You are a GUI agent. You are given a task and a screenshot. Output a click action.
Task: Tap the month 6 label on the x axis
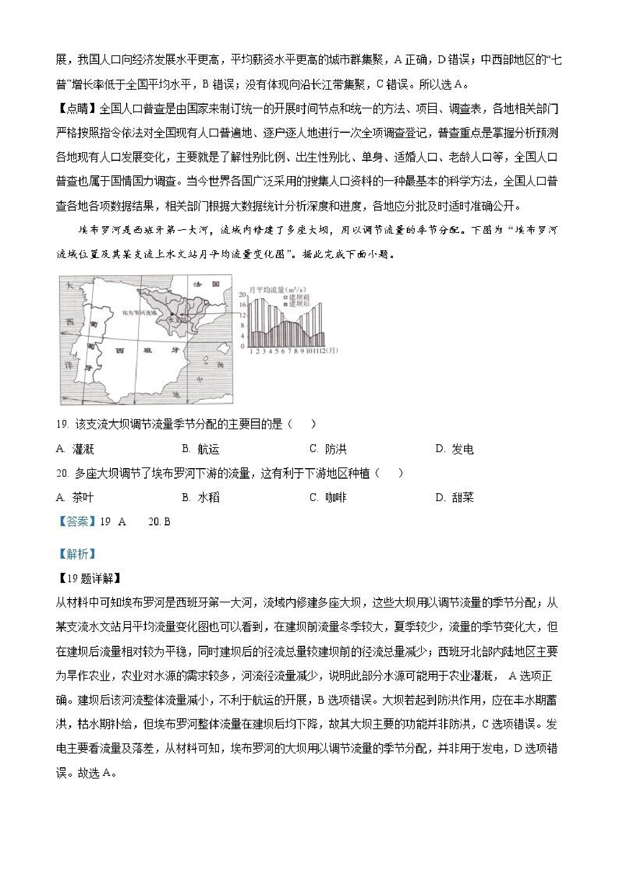point(283,351)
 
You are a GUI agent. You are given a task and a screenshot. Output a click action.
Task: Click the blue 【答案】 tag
point(76,521)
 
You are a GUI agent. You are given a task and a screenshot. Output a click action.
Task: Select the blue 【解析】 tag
point(76,554)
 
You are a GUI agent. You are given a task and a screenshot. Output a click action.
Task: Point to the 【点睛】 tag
point(77,109)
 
